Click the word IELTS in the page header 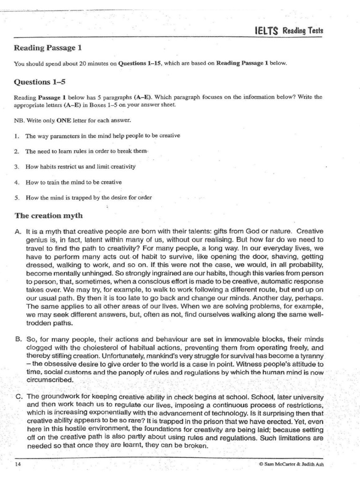click(x=266, y=31)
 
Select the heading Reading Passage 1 click(x=48, y=48)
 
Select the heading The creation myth click(x=48, y=216)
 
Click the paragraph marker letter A click(x=18, y=232)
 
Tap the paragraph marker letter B click(x=18, y=338)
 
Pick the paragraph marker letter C click(x=18, y=396)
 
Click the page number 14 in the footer click(x=17, y=465)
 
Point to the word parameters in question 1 click(x=57, y=135)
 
